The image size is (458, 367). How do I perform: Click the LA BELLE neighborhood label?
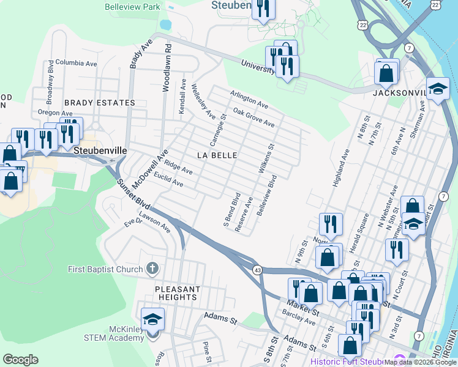pyautogui.click(x=217, y=155)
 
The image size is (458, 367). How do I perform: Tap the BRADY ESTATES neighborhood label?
pyautogui.click(x=99, y=103)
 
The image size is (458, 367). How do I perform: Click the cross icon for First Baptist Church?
pyautogui.click(x=152, y=269)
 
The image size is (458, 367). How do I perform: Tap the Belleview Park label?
pyautogui.click(x=132, y=7)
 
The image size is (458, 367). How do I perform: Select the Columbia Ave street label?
pyautogui.click(x=76, y=62)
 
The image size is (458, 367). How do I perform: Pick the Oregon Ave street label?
pyautogui.click(x=54, y=113)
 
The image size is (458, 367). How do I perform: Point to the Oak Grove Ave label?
pyautogui.click(x=253, y=117)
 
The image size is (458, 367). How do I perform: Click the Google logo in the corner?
pyautogui.click(x=20, y=360)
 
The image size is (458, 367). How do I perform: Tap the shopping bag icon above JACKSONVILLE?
pyautogui.click(x=386, y=73)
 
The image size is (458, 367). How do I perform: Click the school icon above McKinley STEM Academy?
pyautogui.click(x=152, y=319)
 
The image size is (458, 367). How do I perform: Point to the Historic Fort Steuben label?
pyautogui.click(x=349, y=361)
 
